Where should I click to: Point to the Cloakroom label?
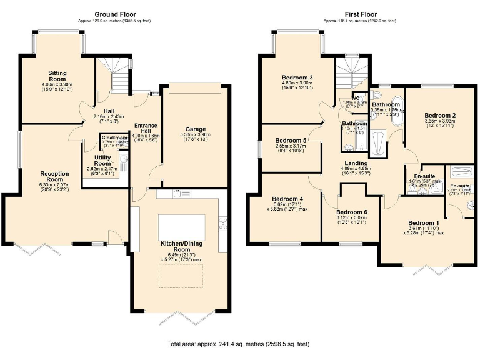click(x=115, y=137)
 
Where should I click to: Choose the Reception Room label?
click(x=54, y=177)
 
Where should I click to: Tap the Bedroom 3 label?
click(x=297, y=77)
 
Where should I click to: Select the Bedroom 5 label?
click(x=291, y=141)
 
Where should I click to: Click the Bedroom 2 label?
click(x=439, y=116)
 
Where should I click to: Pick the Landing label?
click(x=354, y=163)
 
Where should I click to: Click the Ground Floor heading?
click(x=115, y=14)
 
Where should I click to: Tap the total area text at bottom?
click(x=237, y=344)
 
